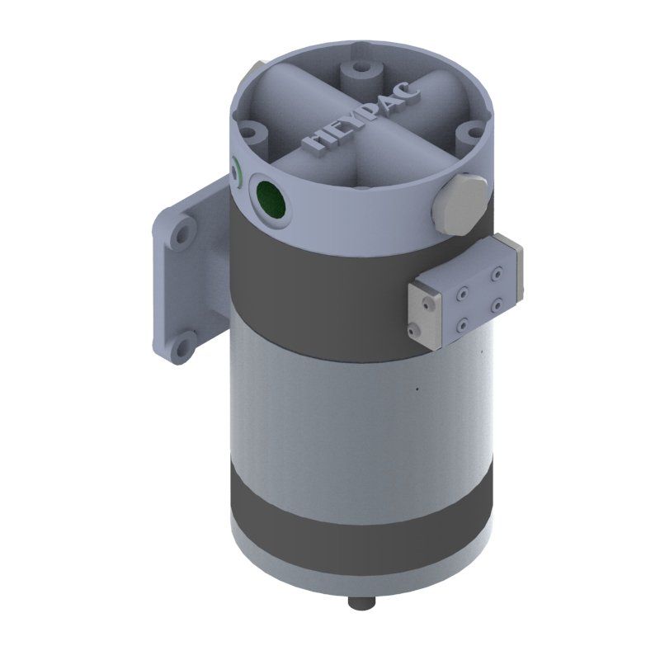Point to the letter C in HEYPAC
point(409,89)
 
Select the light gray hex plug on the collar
point(460,203)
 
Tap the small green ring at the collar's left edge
point(236,171)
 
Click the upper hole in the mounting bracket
point(182,234)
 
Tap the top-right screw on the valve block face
point(498,275)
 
